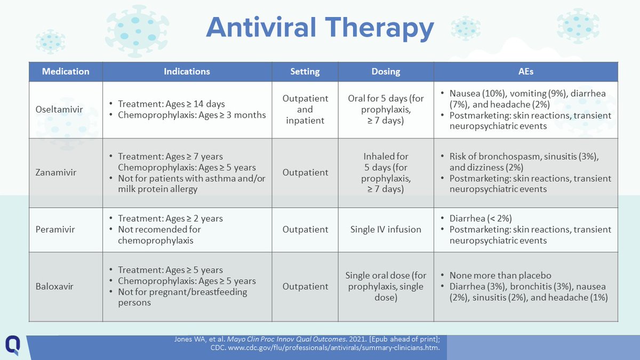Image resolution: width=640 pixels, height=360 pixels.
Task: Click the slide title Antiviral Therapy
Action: (319, 28)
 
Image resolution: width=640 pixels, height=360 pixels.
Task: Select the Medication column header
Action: (66, 71)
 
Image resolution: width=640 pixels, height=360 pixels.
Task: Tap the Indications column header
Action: (187, 71)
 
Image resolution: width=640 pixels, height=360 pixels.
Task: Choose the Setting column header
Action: (305, 71)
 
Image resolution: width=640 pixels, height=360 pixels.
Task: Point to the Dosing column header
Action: (386, 71)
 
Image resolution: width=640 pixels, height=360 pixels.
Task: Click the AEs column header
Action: (526, 71)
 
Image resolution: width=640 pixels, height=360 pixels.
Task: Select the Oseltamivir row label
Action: (59, 109)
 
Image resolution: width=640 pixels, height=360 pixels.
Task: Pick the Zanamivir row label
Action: (56, 172)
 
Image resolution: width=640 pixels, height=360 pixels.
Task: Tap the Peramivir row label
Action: (55, 229)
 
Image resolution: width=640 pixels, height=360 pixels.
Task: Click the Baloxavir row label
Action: (54, 286)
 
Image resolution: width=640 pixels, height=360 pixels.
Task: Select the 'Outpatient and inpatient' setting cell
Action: (305, 109)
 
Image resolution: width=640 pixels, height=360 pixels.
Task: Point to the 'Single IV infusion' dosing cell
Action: (386, 229)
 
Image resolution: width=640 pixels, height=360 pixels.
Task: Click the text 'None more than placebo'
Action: (500, 275)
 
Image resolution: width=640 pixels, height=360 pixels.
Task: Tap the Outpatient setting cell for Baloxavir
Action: (305, 286)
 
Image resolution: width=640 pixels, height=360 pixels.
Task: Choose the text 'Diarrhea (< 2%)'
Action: (481, 218)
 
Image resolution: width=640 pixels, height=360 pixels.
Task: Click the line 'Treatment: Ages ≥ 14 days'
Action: (171, 103)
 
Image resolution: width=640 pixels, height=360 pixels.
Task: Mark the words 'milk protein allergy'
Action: (158, 189)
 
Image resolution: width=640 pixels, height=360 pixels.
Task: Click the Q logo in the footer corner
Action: (13, 345)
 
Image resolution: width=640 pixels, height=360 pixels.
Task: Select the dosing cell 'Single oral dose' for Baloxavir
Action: (386, 286)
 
